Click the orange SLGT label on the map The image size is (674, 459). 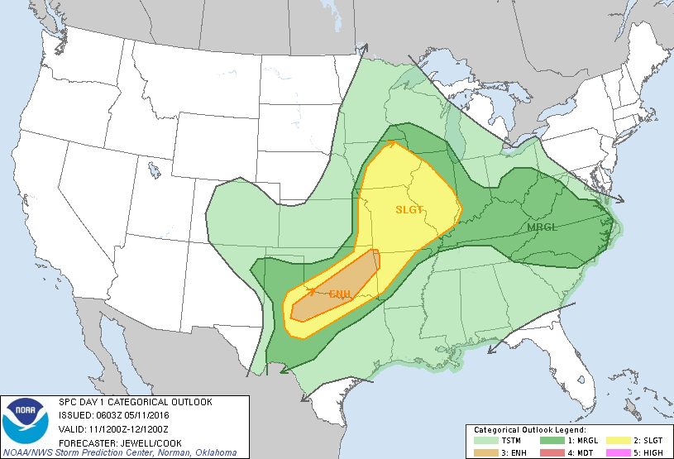click(409, 209)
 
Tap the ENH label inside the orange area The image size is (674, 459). click(340, 294)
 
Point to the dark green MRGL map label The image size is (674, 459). click(542, 227)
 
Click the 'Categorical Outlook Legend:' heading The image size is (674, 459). click(529, 431)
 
